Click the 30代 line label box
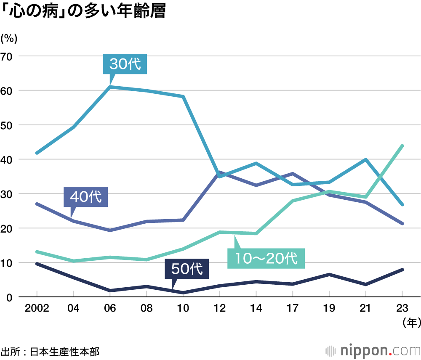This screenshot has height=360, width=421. pyautogui.click(x=125, y=64)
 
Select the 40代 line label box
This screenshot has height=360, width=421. pyautogui.click(x=86, y=196)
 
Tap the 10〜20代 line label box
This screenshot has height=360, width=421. pyautogui.click(x=266, y=257)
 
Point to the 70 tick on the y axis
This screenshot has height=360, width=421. pyautogui.click(x=8, y=56)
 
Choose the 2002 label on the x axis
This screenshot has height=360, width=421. pyautogui.click(x=37, y=309)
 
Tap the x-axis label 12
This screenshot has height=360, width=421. pyautogui.click(x=220, y=309)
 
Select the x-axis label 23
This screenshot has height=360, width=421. pyautogui.click(x=402, y=309)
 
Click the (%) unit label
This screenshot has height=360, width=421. pyautogui.click(x=9, y=39)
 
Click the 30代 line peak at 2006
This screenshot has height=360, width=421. pyautogui.click(x=110, y=87)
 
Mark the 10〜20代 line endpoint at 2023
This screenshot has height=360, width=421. pyautogui.click(x=402, y=146)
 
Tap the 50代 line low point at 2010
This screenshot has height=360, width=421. pyautogui.click(x=183, y=293)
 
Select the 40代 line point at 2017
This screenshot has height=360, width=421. pyautogui.click(x=293, y=173)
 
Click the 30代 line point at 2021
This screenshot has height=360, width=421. pyautogui.click(x=366, y=160)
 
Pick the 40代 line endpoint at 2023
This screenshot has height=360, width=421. pyautogui.click(x=402, y=223)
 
